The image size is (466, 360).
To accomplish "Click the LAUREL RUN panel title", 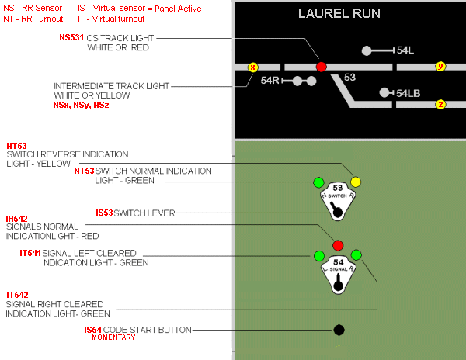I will point(349,14).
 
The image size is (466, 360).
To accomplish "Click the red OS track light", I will point(322,67).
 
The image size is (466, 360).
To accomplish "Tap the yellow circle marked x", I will point(252,67).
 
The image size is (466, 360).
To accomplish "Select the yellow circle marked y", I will point(440,67).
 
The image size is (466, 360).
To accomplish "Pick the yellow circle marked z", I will point(440,104).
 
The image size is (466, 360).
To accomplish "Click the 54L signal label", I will point(405,50).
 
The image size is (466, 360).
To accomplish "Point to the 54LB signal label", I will point(409,93).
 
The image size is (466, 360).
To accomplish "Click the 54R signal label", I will point(270,80).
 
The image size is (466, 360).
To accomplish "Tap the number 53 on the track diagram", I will point(349,78).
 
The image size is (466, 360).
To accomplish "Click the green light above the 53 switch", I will point(318,182).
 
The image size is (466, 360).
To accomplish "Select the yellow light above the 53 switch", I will point(356,182).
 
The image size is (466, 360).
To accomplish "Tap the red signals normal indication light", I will point(338,245).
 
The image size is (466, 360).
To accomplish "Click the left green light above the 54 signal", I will point(318,255).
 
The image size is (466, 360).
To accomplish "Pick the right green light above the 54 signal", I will point(356,255).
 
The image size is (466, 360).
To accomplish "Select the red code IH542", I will point(16,219).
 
